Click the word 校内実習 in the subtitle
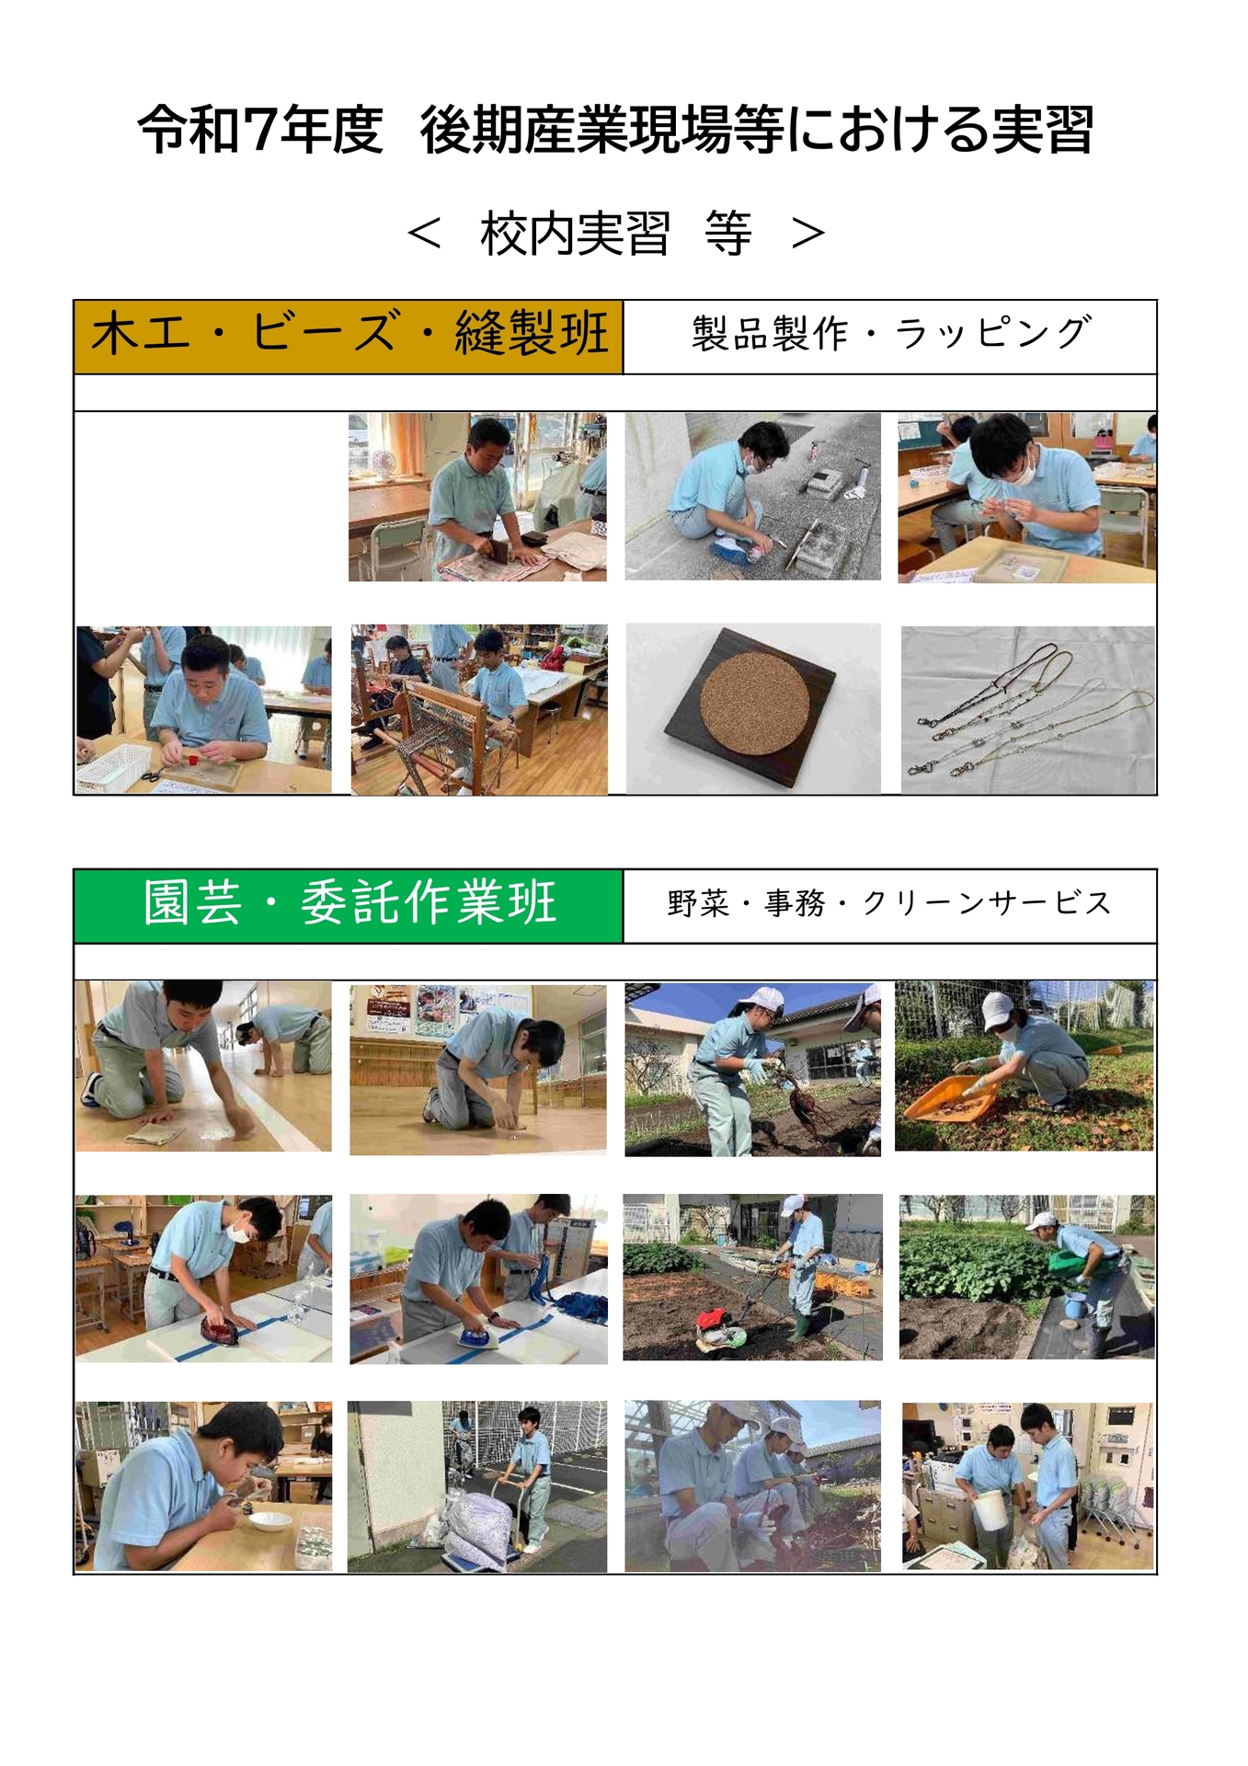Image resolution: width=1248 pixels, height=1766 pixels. (x=575, y=234)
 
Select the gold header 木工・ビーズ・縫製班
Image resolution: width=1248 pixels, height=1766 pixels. (x=349, y=336)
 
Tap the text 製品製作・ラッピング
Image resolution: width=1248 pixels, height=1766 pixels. (x=890, y=334)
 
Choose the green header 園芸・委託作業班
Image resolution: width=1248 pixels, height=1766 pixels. (x=349, y=905)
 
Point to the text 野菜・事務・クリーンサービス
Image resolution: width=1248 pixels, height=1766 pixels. (x=889, y=905)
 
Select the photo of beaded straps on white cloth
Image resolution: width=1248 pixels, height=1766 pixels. (x=1028, y=710)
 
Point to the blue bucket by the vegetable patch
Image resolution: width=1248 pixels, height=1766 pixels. (x=1073, y=1303)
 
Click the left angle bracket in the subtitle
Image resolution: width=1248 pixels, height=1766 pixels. (x=425, y=234)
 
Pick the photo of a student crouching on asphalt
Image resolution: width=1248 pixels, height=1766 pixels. (x=752, y=497)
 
